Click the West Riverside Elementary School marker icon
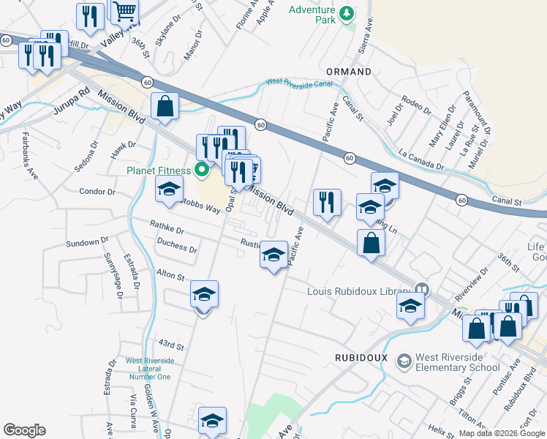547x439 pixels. [404, 361]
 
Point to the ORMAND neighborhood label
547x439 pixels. [348, 72]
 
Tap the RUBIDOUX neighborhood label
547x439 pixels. [360, 357]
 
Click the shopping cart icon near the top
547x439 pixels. [125, 10]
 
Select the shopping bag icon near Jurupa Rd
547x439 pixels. [166, 105]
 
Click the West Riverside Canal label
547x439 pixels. [299, 83]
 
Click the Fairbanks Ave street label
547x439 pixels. [29, 155]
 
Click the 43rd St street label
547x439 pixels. [170, 344]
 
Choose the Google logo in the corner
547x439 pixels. [25, 430]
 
